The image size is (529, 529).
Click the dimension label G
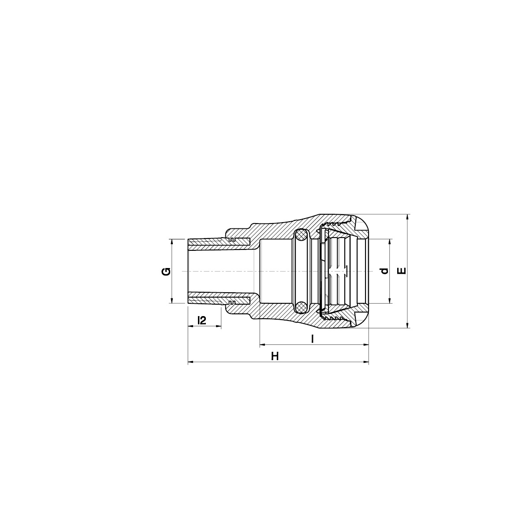tap(166, 272)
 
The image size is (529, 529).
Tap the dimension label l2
tap(202, 320)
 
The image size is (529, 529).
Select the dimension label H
tap(275, 356)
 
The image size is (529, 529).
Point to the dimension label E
tap(401, 271)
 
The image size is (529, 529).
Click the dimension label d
tap(384, 271)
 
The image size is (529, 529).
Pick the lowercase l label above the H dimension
tap(312, 339)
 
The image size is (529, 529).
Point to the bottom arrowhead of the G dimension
tap(172, 301)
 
